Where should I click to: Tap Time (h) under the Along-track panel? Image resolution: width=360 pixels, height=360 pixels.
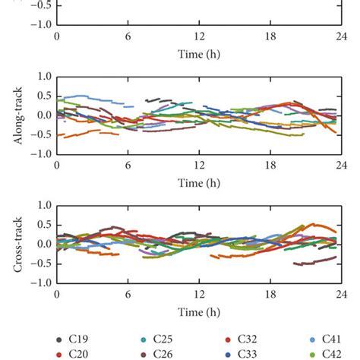tap(199, 184)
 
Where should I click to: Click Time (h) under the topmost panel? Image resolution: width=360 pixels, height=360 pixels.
tap(199, 55)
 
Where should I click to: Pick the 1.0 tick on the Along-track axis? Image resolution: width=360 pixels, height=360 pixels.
tap(43, 77)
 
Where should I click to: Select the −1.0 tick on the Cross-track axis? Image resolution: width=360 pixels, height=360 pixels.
tap(39, 283)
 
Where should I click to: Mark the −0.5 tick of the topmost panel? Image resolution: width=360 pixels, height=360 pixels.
tap(39, 5)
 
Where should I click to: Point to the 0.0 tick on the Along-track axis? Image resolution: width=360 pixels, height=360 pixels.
tap(43, 115)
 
